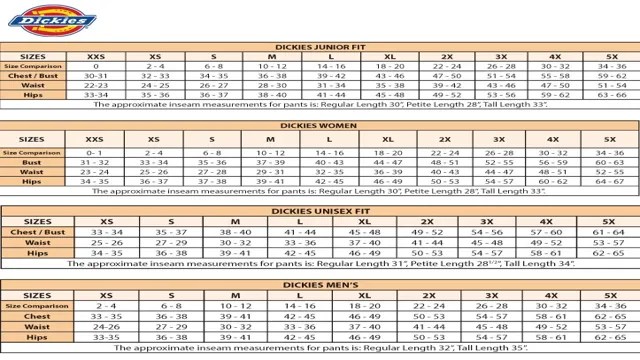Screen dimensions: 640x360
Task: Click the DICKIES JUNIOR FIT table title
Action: pos(320,46)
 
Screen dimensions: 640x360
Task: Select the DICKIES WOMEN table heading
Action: pos(320,127)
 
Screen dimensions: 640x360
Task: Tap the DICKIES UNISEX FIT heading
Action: pos(320,211)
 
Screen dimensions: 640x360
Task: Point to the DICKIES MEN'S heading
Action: pos(320,285)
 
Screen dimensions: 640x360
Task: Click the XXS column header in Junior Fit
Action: pos(96,57)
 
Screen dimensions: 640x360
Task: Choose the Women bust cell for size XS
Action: pos(154,161)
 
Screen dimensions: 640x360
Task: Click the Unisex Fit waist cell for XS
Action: pos(107,242)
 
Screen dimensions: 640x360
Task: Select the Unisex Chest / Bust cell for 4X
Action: pos(546,232)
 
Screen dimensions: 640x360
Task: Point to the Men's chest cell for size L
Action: pos(299,316)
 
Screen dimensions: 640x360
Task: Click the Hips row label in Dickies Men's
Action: pos(37,336)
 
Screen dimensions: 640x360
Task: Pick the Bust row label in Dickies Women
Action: pos(32,161)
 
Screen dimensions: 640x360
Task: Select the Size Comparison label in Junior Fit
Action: pos(32,66)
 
